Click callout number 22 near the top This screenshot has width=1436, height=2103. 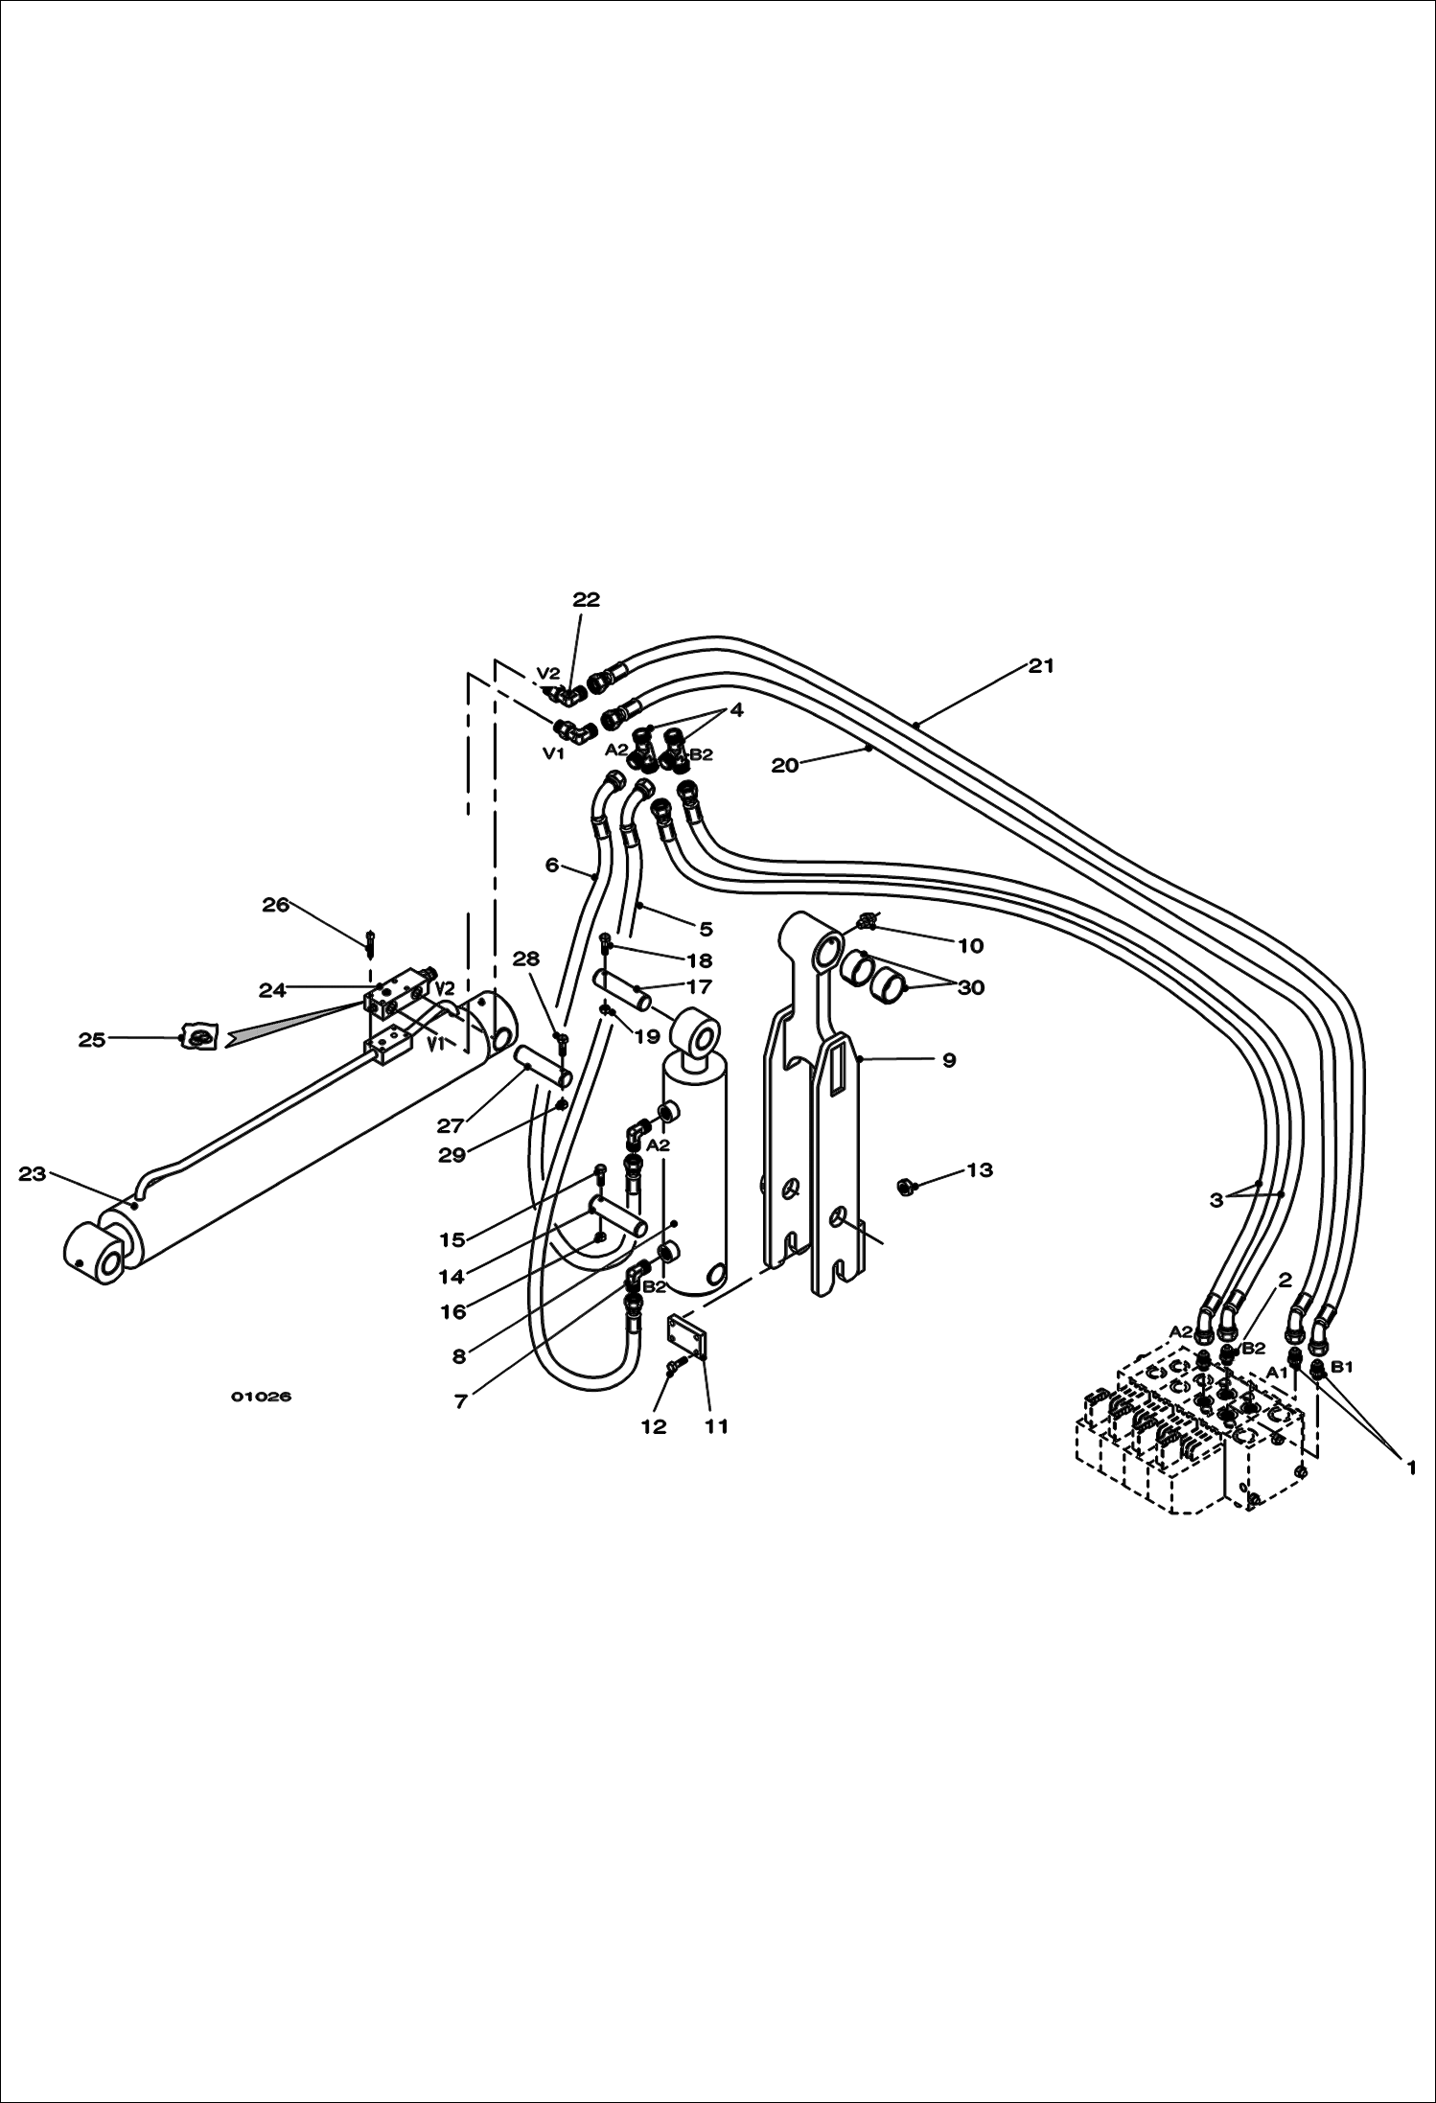[x=586, y=599]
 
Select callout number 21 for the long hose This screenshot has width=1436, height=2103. [x=1041, y=665]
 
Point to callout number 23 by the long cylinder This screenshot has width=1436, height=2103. [x=33, y=1173]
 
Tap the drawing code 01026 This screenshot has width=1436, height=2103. [x=261, y=1397]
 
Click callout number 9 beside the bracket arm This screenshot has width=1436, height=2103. [x=949, y=1060]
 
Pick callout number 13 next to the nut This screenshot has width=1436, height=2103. [x=979, y=1170]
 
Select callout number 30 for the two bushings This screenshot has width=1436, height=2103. [x=971, y=987]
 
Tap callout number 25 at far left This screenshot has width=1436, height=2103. [x=92, y=1040]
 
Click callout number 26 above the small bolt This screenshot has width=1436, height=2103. [x=276, y=905]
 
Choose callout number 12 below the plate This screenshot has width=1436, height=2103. [x=653, y=1426]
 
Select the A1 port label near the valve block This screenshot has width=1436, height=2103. [x=1276, y=1373]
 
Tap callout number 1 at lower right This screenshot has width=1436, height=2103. [x=1410, y=1467]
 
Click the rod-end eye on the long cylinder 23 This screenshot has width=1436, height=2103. [x=94, y=1257]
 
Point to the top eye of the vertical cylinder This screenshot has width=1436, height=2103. [x=697, y=1038]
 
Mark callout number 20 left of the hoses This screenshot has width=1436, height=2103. [x=785, y=766]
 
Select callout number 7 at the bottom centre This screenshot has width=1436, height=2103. [x=461, y=1401]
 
